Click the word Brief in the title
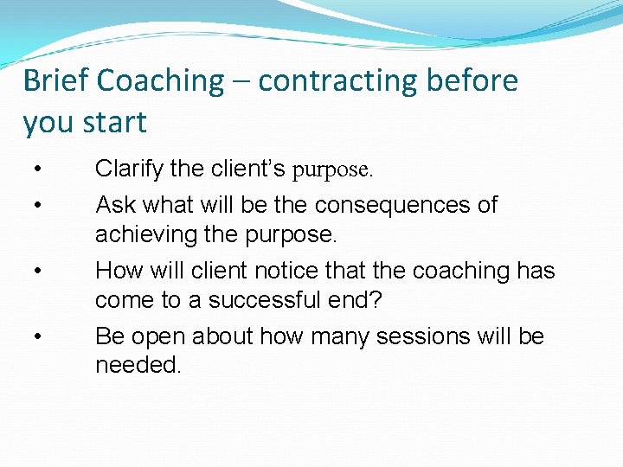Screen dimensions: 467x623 click(x=56, y=80)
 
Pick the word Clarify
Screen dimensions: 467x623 click(x=129, y=170)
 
